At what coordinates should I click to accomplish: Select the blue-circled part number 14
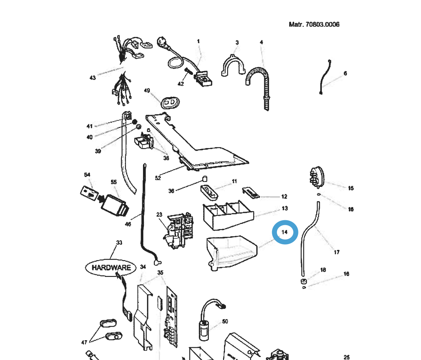[x=285, y=232]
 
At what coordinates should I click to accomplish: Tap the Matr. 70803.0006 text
[x=314, y=24]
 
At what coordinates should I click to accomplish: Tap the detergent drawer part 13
[x=227, y=216]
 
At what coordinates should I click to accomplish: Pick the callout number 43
[x=93, y=78]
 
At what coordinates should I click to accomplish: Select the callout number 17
[x=336, y=252]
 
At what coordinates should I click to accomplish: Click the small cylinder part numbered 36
[x=204, y=179]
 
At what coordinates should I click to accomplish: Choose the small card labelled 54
[x=89, y=193]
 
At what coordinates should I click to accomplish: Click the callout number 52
[x=158, y=178]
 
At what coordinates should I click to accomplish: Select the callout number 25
[x=347, y=357]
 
